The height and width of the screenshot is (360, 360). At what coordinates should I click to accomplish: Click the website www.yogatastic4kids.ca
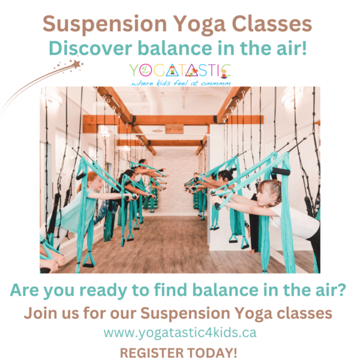[180, 332]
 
